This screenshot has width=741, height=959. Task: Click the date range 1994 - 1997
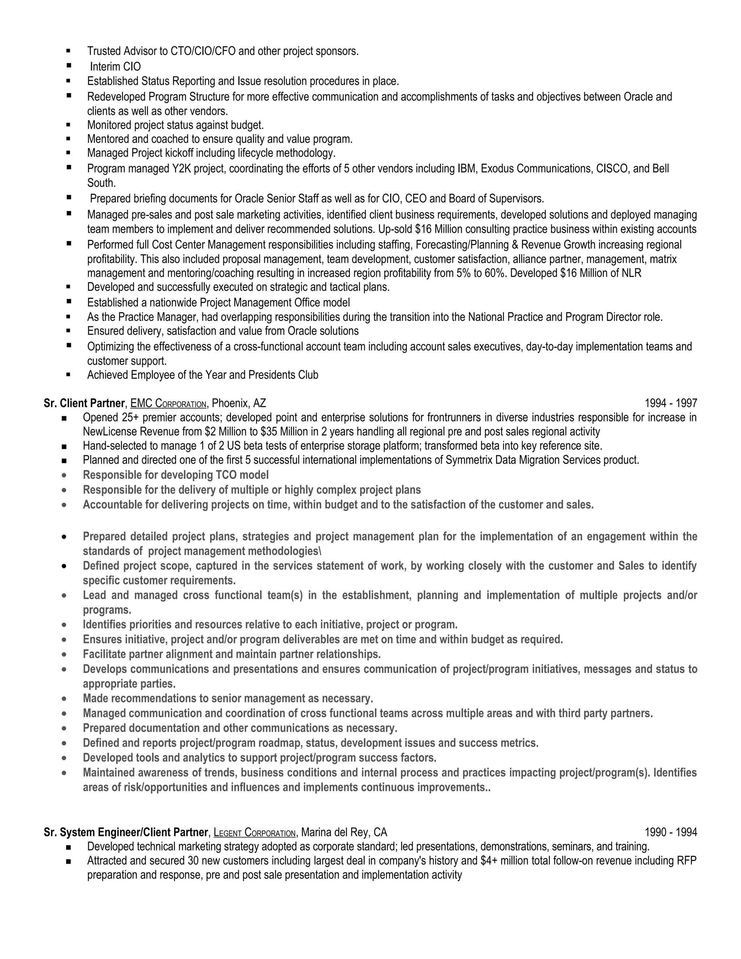point(670,403)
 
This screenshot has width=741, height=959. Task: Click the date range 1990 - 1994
point(670,832)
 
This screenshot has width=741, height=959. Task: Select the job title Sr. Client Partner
point(84,403)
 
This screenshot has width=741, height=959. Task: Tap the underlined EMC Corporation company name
point(168,403)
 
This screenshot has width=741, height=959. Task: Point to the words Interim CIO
point(115,67)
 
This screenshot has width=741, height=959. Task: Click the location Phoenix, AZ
point(239,403)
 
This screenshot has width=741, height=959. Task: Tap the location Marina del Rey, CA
point(344,832)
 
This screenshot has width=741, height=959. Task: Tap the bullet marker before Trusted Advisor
point(68,51)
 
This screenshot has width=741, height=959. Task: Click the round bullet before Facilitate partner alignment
point(64,655)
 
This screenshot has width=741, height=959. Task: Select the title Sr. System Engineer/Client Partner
point(126,832)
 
